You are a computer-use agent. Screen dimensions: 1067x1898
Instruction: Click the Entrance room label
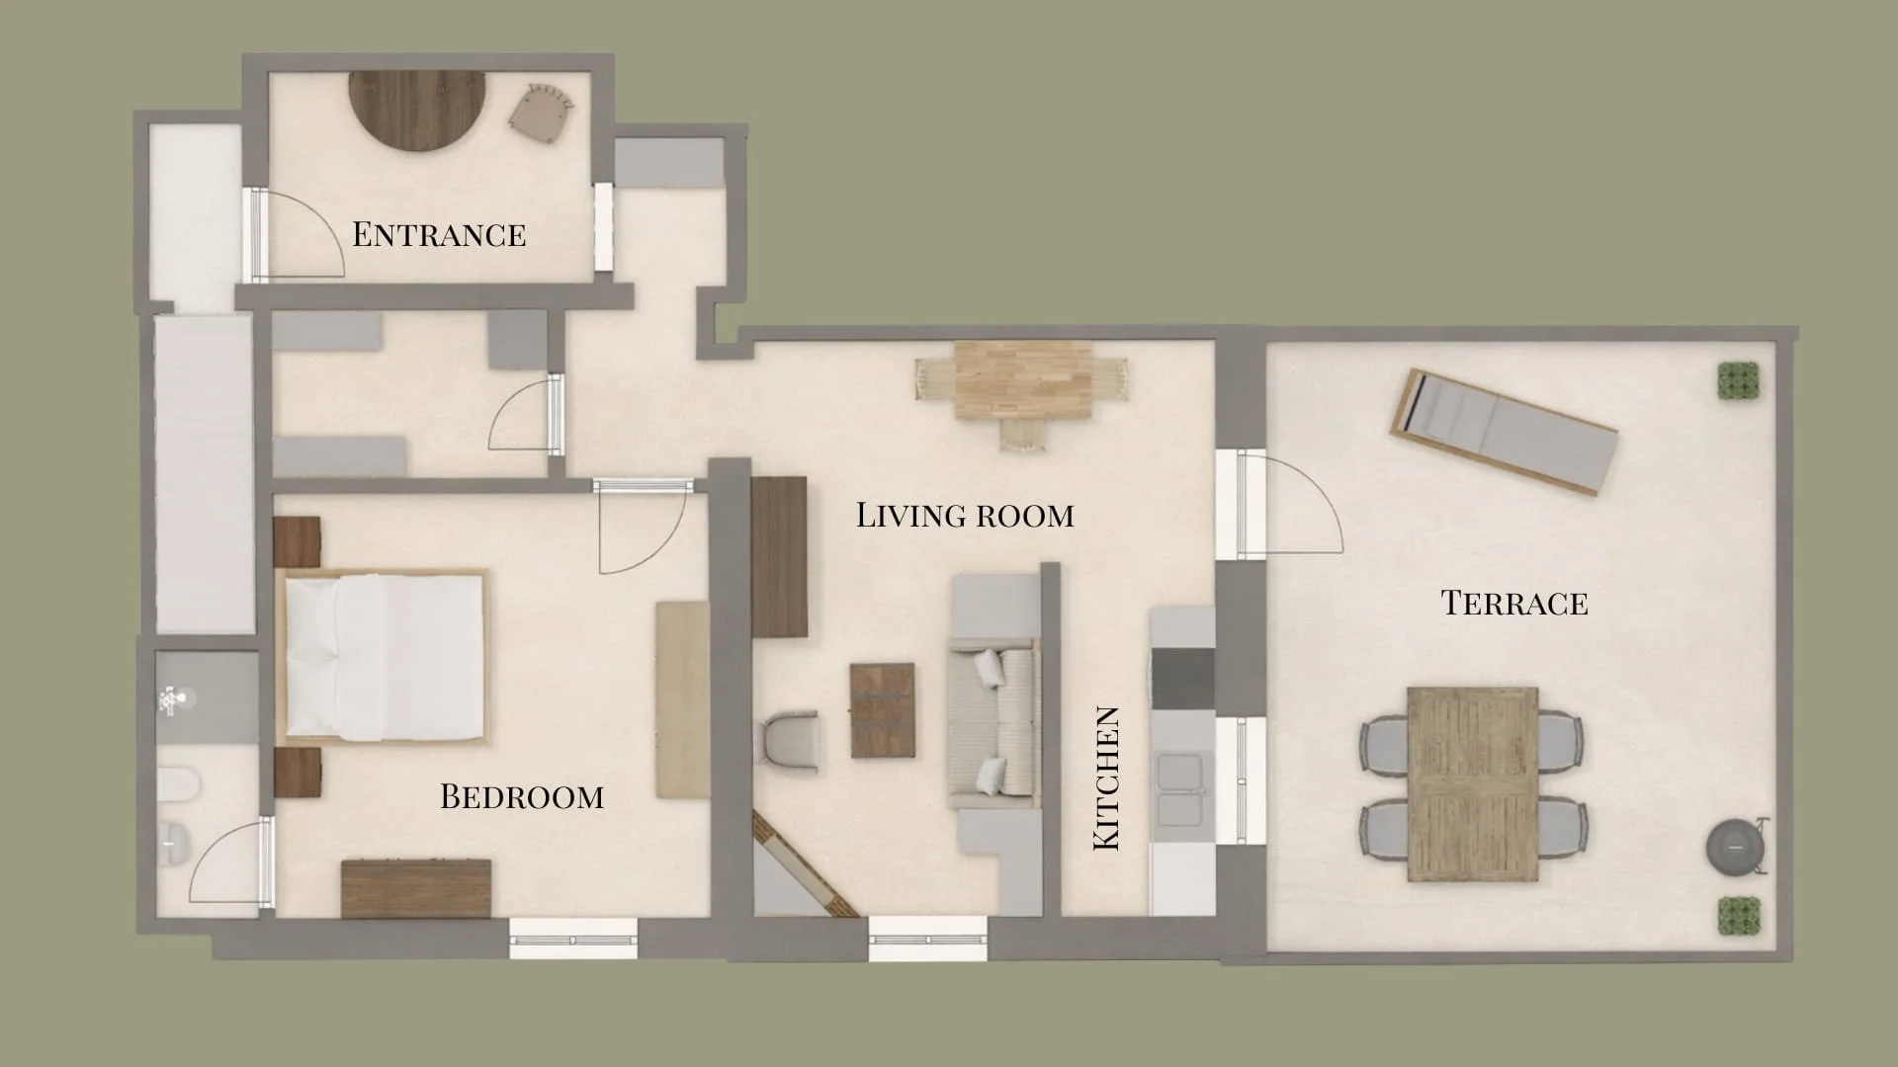[x=439, y=234]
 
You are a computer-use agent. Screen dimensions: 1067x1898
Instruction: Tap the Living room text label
[x=964, y=515]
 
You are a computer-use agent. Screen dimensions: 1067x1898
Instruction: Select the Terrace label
[x=1513, y=603]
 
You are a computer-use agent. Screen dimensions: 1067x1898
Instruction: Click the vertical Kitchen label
[x=1106, y=779]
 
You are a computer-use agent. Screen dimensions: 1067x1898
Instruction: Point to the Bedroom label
[x=521, y=796]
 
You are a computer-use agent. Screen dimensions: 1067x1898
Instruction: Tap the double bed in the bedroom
[x=384, y=657]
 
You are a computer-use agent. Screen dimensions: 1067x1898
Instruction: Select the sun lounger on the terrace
[x=1504, y=432]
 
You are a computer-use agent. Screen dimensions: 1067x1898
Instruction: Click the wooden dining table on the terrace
[x=1472, y=783]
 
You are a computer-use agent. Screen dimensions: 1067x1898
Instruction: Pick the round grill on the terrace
[x=1735, y=847]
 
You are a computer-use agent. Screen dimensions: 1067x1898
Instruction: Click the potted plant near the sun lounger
[x=1738, y=380]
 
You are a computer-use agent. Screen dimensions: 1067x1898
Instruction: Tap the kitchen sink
[x=1180, y=787]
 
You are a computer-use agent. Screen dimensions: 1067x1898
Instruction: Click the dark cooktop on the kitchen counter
[x=1182, y=678]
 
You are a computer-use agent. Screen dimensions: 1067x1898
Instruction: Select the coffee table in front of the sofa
[x=882, y=710]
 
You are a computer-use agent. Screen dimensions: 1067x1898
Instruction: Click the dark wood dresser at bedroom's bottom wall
[x=415, y=887]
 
